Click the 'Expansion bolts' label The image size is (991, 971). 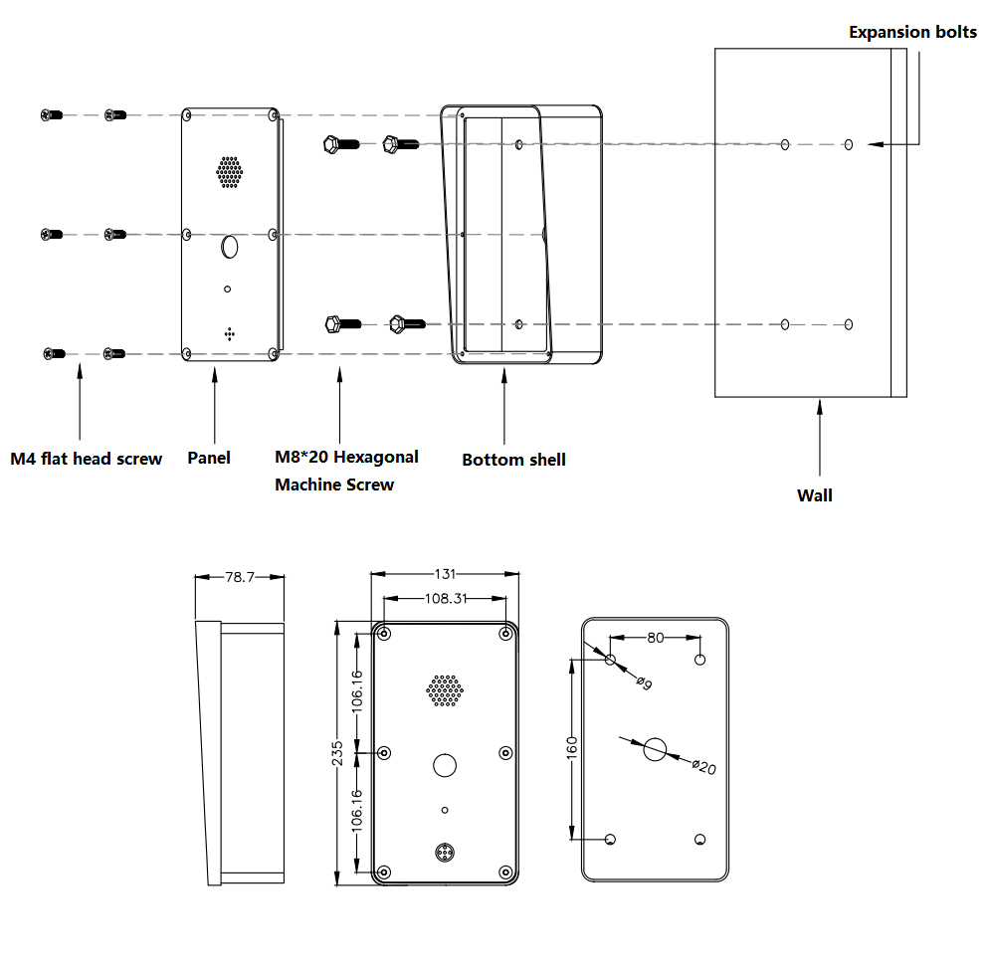[x=911, y=32]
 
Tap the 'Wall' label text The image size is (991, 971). [x=814, y=494]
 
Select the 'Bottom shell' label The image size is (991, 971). [x=513, y=460]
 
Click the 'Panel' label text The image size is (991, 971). [x=209, y=458]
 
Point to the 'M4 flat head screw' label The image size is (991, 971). [x=87, y=459]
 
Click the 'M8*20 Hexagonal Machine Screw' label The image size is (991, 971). [x=345, y=471]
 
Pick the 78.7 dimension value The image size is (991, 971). [x=240, y=576]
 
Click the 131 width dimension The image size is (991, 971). [x=445, y=574]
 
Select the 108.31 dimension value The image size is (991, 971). [x=445, y=599]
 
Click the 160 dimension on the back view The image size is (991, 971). [x=572, y=748]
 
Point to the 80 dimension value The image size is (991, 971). [x=655, y=638]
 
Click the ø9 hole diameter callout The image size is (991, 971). [x=644, y=684]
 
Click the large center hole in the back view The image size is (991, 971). [x=654, y=750]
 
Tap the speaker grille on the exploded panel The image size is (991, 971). [x=230, y=171]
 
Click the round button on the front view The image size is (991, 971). [x=445, y=765]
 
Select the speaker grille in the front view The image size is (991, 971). [x=445, y=690]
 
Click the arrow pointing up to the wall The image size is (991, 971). [x=820, y=438]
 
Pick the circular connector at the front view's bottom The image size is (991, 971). [x=445, y=852]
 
